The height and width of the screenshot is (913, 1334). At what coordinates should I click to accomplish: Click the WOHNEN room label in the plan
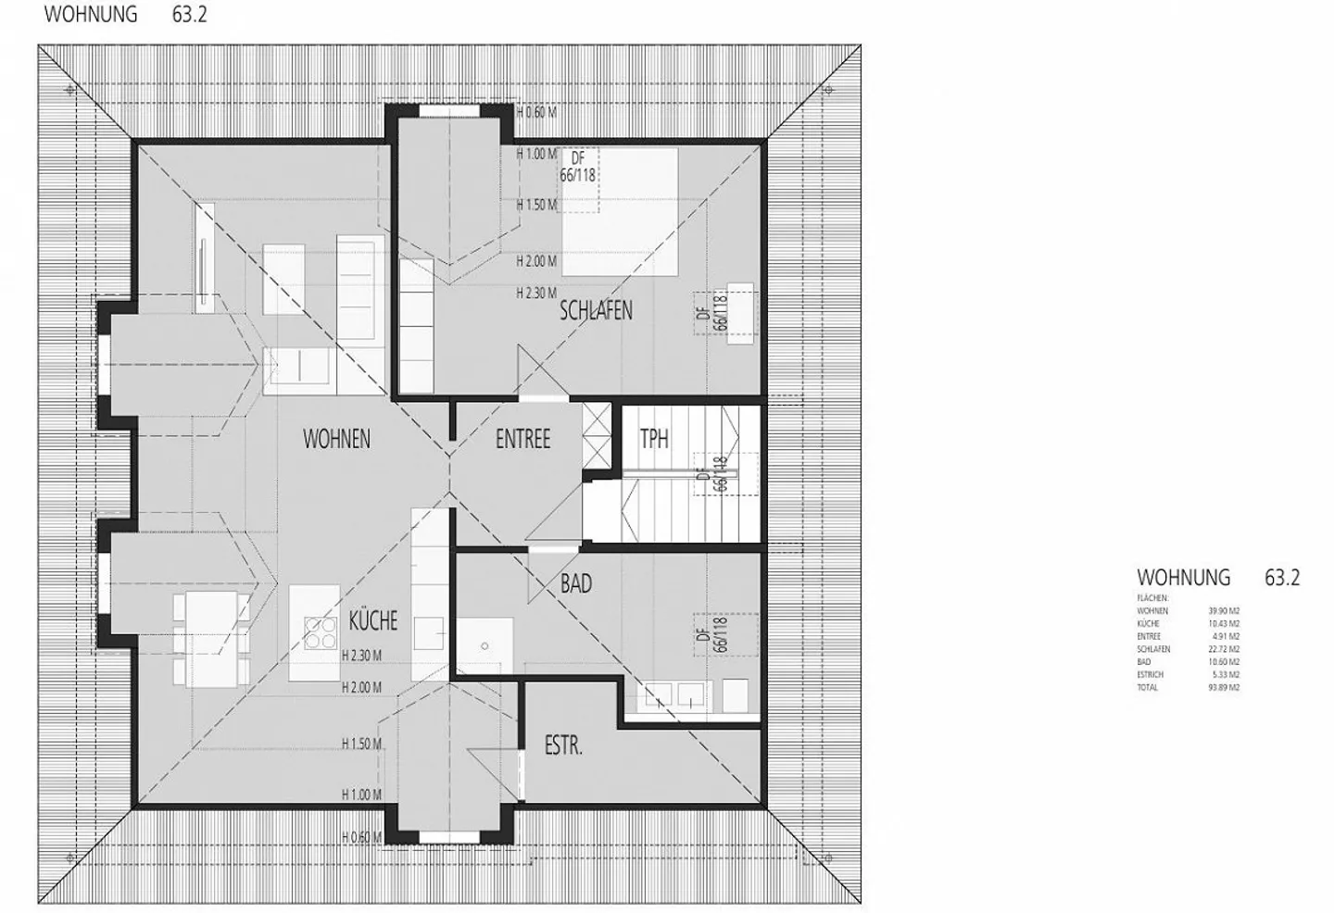pos(336,439)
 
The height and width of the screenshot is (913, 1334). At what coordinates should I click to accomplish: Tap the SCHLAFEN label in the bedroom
pos(596,310)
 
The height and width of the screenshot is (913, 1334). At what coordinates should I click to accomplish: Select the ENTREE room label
pos(522,439)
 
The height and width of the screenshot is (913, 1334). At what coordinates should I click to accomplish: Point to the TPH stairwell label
pos(654,438)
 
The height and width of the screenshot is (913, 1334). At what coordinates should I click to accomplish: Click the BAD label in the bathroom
pos(575,584)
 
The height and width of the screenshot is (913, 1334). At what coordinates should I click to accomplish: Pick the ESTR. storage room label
pos(563,745)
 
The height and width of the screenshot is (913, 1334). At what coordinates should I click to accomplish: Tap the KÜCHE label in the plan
pos(373,620)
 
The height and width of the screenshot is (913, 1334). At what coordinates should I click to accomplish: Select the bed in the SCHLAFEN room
pos(619,211)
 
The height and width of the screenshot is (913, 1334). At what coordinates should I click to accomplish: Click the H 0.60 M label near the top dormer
pos(536,113)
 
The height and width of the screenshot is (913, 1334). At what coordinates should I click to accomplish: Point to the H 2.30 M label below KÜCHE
pos(361,656)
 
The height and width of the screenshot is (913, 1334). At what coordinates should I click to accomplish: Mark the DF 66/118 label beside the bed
pos(577,168)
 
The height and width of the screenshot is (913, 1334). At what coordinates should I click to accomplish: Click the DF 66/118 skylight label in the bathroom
pos(711,635)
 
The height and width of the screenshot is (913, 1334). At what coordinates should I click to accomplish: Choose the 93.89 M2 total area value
pos(1223,688)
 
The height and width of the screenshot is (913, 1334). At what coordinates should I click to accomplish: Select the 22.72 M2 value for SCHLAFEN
pos(1223,649)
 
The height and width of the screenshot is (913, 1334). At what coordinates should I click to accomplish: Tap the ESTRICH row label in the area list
pos(1150,675)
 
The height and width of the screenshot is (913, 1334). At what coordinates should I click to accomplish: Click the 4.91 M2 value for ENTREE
pos(1225,636)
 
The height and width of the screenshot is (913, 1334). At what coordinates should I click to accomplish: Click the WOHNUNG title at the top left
pos(91,15)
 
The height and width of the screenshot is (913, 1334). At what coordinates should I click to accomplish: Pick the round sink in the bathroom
pos(484,644)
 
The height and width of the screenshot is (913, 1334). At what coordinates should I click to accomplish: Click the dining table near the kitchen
pos(211,639)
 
